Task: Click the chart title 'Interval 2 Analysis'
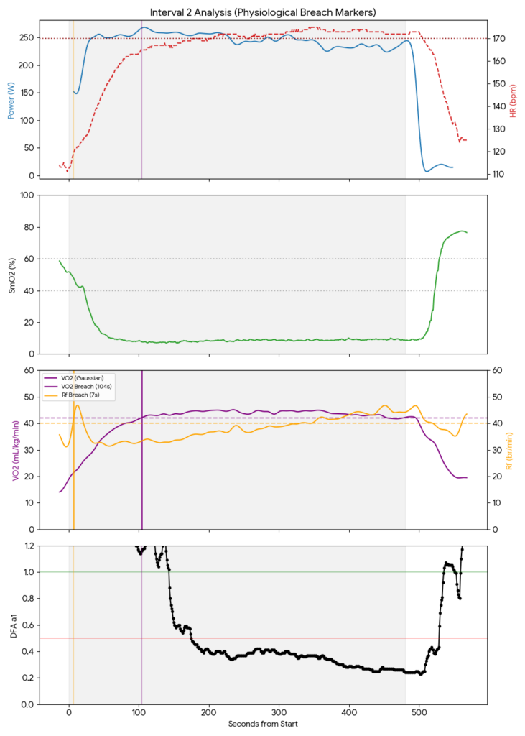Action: [263, 12]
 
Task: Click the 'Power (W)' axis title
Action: [11, 101]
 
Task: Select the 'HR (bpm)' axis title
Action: [512, 101]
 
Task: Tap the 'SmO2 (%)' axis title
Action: [11, 275]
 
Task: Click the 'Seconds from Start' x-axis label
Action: [263, 724]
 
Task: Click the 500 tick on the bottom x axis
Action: [419, 713]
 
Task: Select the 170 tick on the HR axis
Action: [497, 38]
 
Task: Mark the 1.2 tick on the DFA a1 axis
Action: [28, 546]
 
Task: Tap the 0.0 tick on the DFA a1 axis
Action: [28, 704]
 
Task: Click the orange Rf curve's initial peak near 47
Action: [78, 405]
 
